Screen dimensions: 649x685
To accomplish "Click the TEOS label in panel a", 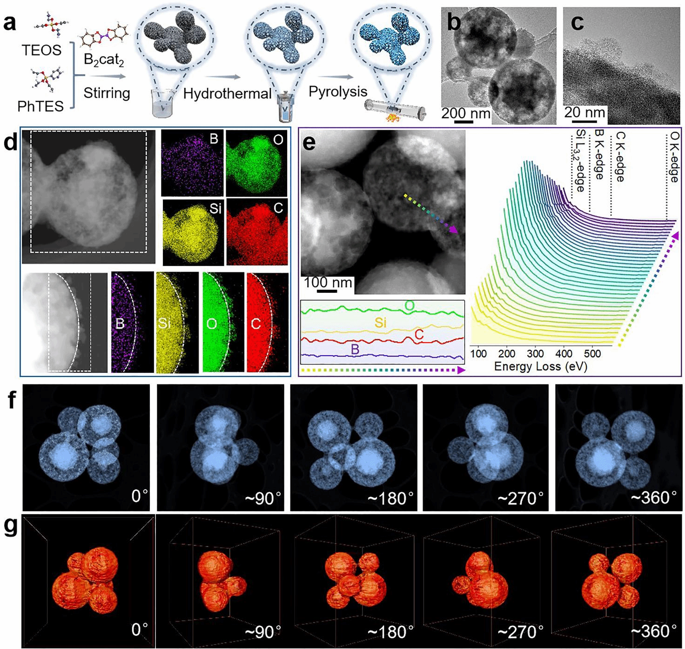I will coord(41,50).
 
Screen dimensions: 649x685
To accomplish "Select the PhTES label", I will coord(40,106).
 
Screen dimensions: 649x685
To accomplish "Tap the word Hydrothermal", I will coord(227,94).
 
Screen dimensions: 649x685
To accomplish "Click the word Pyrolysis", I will coord(338,92).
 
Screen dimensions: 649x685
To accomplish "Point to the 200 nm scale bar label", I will coord(466,113).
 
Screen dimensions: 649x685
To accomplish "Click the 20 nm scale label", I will coord(584,113).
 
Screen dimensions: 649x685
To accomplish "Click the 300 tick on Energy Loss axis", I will coord(536,353).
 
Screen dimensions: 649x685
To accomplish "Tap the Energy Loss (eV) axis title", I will coord(540,366).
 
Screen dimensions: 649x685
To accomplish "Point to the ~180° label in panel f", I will coord(390,498).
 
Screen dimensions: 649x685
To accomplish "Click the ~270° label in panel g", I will coord(520,631).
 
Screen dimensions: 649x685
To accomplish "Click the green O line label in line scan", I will coord(410,305).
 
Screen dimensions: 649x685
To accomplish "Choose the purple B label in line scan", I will coord(355,349).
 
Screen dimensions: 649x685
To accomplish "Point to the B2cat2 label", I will coord(105,60).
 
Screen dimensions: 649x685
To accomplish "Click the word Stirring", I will coord(107,93).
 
